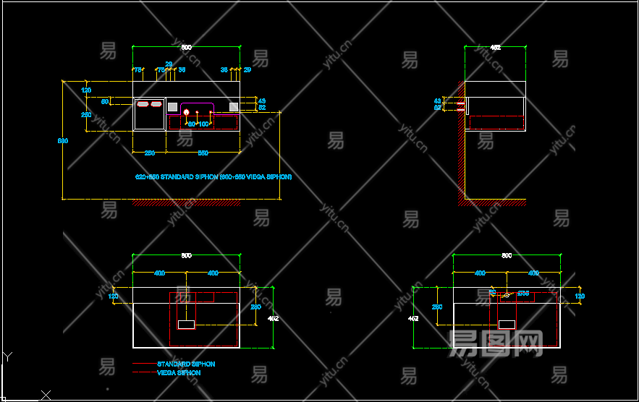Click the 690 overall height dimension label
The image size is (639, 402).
63,140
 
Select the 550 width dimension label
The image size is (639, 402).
203,153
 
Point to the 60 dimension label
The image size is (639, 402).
105,102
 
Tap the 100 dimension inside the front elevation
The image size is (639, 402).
203,124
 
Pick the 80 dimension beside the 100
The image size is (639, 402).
192,124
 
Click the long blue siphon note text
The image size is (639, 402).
213,176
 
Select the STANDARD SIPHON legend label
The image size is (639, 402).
186,364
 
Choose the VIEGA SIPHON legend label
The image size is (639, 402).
179,372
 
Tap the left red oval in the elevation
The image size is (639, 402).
143,105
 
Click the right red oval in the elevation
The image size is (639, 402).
156,105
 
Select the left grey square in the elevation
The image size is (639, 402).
172,107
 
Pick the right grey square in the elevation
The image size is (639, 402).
234,107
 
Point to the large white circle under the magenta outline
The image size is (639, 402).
187,112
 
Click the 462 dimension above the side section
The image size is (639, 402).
496,48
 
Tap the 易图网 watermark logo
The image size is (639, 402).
496,344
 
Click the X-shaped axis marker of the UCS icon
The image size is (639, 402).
46,394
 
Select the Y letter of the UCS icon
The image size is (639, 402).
7,356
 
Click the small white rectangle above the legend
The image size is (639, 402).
187,325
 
